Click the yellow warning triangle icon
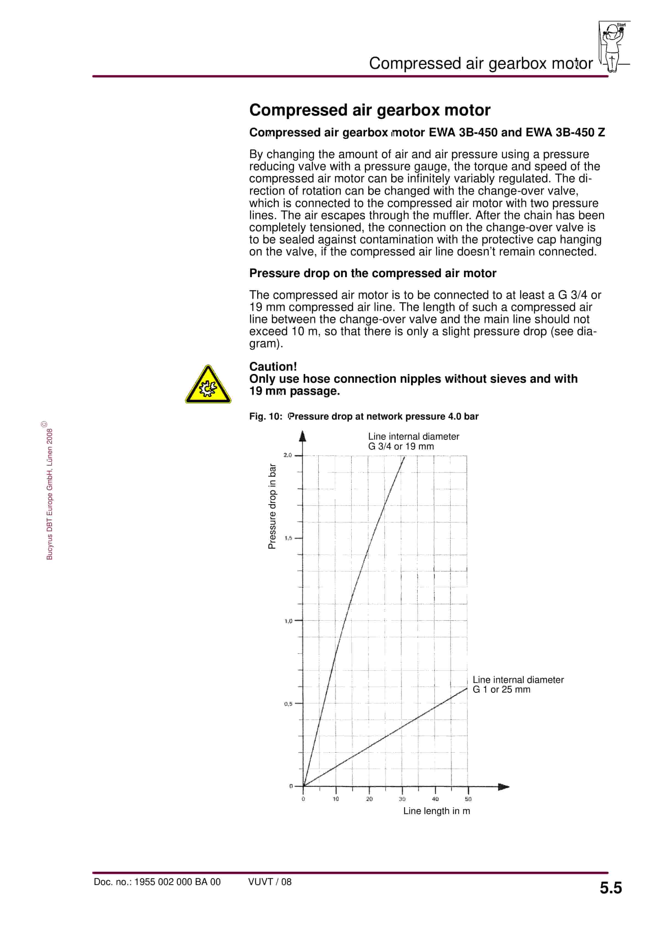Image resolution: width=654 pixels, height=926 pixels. [208, 385]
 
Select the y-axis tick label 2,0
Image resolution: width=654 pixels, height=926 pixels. [287, 455]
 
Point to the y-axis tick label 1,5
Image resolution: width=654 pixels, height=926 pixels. [288, 538]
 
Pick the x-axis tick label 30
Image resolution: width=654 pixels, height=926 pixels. [402, 799]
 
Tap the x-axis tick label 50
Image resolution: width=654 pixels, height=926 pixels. [468, 799]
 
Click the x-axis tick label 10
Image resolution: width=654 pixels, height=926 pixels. [336, 799]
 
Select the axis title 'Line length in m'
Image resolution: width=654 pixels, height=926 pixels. [437, 811]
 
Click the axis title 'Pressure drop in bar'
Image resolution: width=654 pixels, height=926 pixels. [273, 506]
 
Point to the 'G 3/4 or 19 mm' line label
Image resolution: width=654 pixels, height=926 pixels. [401, 447]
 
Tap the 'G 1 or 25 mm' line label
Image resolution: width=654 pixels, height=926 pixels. [501, 690]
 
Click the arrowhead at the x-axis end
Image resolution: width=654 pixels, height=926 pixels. [504, 787]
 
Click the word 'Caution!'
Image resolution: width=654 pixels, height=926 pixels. [273, 366]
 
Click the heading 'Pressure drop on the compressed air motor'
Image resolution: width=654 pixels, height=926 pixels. [373, 274]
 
